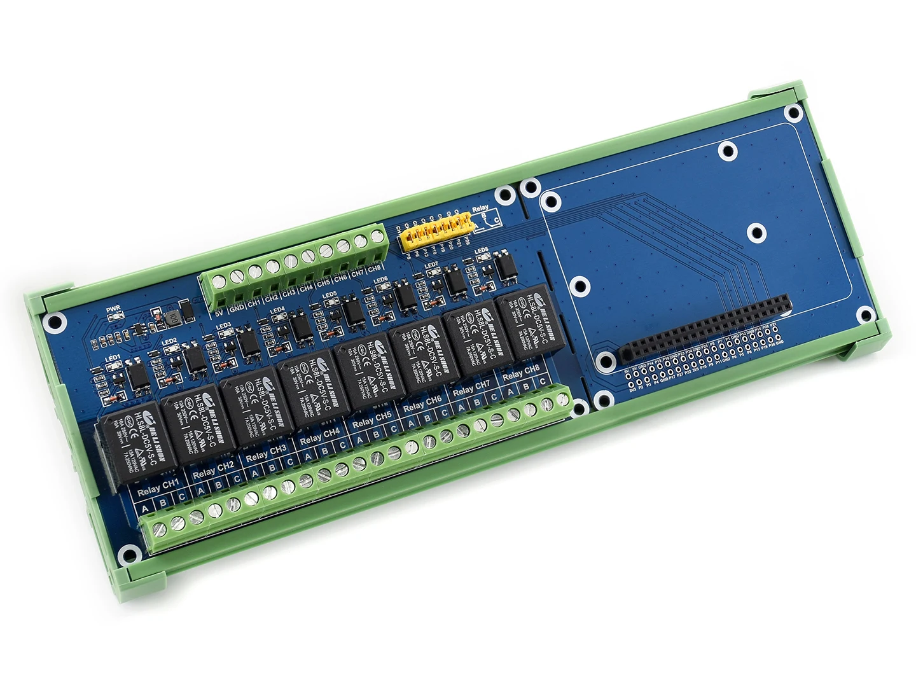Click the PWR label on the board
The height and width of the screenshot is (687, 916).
[x=113, y=309]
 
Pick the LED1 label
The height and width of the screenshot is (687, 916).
[x=113, y=358]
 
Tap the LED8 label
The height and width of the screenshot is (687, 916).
[x=481, y=251]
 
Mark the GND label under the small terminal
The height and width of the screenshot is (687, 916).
[x=237, y=308]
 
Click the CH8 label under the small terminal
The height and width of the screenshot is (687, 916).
[x=375, y=269]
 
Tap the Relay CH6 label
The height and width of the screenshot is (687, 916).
[x=422, y=403]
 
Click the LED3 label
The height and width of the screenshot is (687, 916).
[x=223, y=326]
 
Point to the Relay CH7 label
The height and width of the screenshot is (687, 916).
[x=471, y=387]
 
